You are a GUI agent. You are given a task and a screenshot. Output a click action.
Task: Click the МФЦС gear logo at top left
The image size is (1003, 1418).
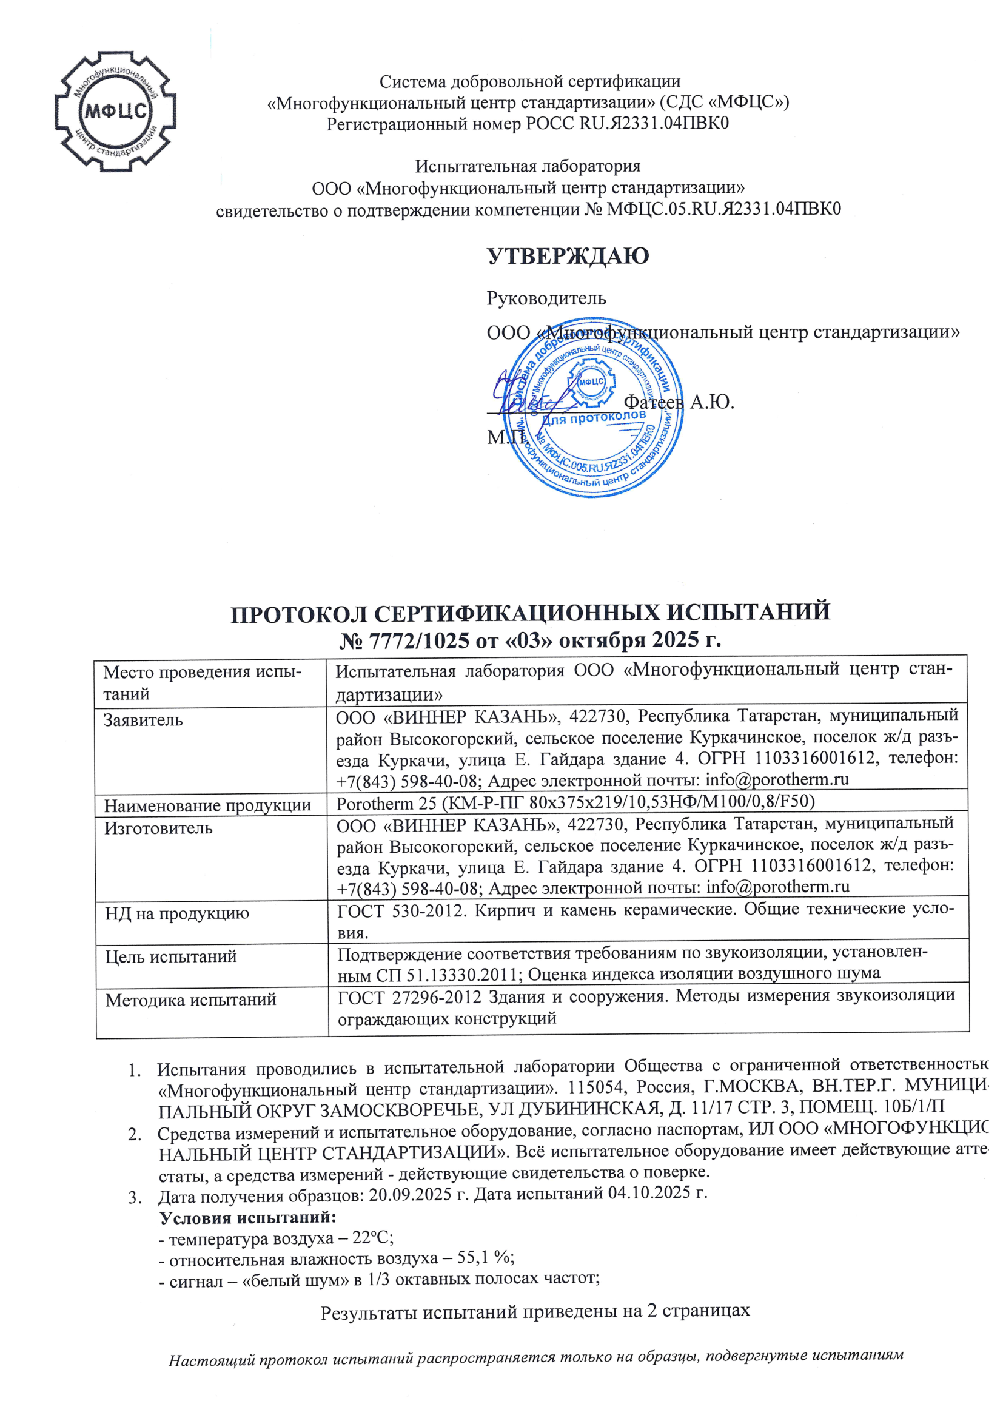tap(115, 111)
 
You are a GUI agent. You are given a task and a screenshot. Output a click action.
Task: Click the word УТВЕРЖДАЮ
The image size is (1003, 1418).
tap(568, 256)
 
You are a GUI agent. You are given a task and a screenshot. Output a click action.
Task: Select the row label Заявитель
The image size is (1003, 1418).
tap(143, 720)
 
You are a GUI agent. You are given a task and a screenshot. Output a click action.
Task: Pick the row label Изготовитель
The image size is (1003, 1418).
tap(158, 828)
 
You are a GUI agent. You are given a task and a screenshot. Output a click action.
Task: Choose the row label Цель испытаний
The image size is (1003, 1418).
tap(171, 956)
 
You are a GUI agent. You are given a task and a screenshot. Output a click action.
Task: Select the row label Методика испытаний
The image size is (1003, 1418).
tap(191, 1000)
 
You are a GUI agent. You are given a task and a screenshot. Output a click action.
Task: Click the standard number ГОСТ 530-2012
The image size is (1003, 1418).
tap(399, 910)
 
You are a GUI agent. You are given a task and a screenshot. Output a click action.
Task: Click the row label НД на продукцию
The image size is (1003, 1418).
tap(176, 913)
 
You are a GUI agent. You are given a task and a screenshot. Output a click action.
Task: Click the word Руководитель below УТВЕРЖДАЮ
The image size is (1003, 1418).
tap(546, 298)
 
